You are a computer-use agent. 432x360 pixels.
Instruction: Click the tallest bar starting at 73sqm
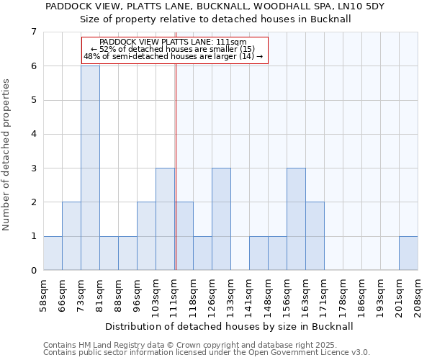click(x=90, y=168)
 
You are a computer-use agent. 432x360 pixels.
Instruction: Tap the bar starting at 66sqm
click(x=71, y=236)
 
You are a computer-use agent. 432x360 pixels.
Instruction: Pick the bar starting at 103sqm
click(x=165, y=219)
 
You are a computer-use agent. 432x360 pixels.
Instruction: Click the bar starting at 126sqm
click(x=221, y=219)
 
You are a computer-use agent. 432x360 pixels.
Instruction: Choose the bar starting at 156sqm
click(x=296, y=219)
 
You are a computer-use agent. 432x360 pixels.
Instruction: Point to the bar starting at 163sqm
click(x=315, y=236)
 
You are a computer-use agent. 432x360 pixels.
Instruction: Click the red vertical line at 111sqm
click(x=176, y=180)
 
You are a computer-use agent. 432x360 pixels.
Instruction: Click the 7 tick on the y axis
click(x=33, y=32)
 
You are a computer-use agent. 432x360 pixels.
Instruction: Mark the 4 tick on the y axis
click(x=33, y=134)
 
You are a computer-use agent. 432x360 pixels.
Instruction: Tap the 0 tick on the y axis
click(x=33, y=271)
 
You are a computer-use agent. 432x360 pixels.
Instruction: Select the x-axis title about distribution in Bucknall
click(x=230, y=326)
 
